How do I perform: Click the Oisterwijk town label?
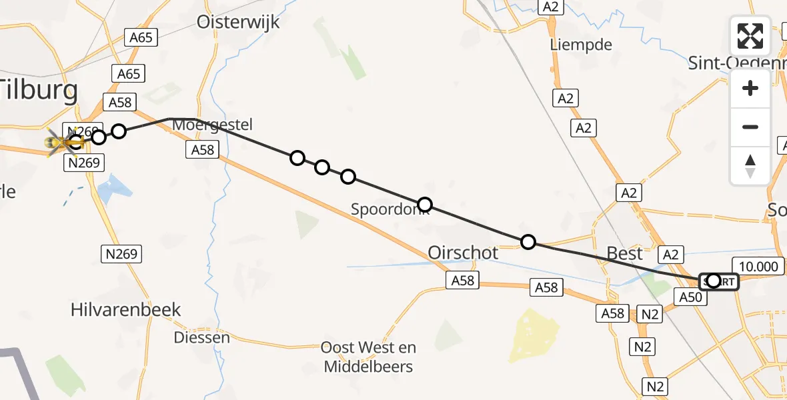click(238, 21)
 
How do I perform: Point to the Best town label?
click(624, 253)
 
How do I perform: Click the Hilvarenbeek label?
click(126, 309)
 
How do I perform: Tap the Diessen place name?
click(201, 337)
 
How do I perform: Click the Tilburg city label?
click(39, 90)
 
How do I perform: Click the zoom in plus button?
click(750, 88)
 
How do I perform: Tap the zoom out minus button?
click(750, 127)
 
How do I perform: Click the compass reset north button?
click(750, 165)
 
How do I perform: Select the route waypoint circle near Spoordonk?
click(424, 205)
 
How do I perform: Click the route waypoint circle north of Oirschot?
click(528, 241)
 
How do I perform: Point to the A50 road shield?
click(690, 297)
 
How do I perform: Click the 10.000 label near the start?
click(758, 267)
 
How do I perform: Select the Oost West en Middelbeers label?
click(368, 357)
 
